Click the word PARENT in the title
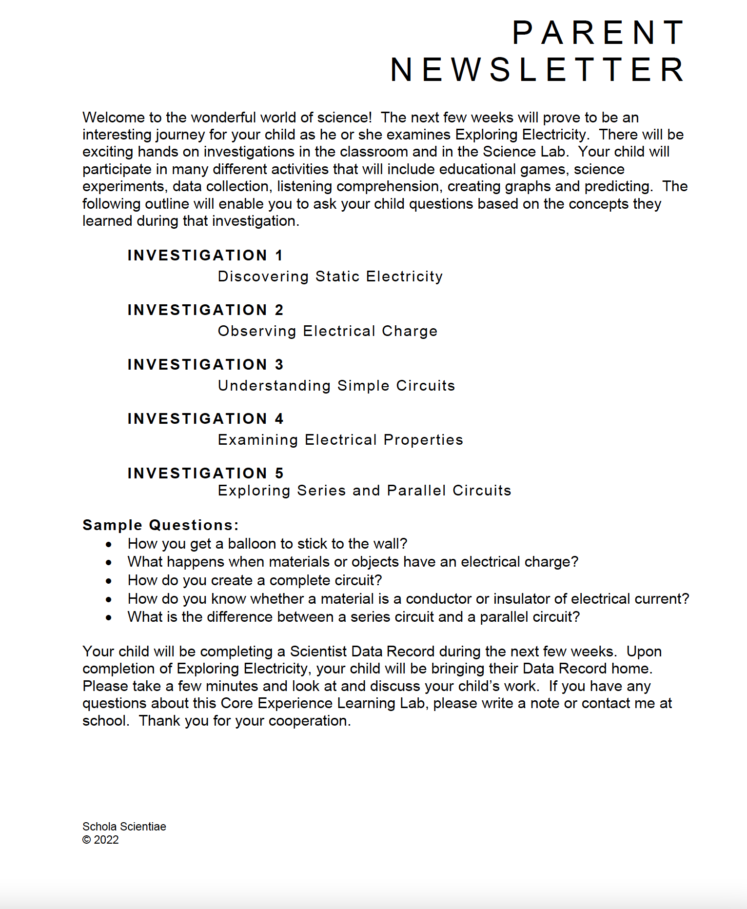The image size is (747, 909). (x=599, y=33)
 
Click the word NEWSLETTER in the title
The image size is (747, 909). (x=538, y=69)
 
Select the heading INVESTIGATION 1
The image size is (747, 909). (x=205, y=255)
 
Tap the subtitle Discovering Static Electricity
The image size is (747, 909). (x=330, y=277)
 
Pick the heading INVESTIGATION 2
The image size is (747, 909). (x=205, y=310)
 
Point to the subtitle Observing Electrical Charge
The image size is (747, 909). (x=328, y=331)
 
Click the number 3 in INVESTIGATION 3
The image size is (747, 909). (x=279, y=364)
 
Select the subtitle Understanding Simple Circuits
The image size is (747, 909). (x=336, y=386)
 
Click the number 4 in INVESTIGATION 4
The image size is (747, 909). (x=279, y=418)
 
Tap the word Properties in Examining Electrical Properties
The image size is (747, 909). (x=423, y=440)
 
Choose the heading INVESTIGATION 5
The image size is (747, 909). (x=205, y=473)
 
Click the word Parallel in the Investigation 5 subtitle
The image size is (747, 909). (x=416, y=491)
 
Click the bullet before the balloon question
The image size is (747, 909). (x=109, y=544)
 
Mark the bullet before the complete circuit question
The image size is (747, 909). (x=109, y=581)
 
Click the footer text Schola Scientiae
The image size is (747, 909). (x=124, y=827)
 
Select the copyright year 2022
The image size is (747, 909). (x=106, y=840)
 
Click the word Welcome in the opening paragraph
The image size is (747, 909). (x=114, y=118)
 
